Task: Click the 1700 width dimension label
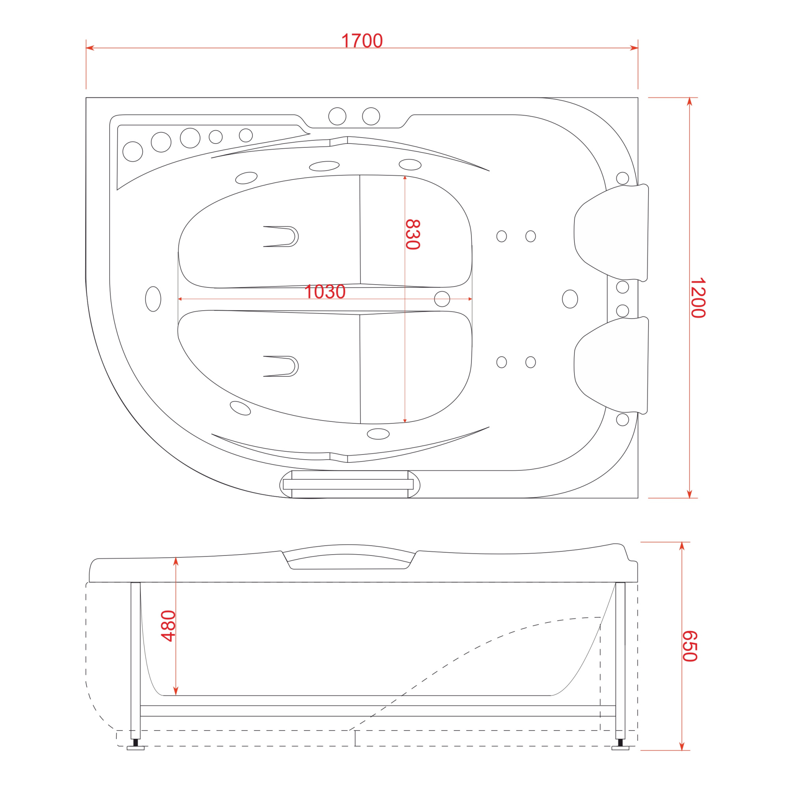(x=362, y=41)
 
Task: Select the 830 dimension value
(x=413, y=234)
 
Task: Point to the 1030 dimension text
(x=325, y=292)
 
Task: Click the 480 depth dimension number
(x=168, y=626)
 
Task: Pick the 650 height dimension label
(x=690, y=646)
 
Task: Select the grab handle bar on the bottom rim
(x=348, y=484)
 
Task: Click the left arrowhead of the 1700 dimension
(x=90, y=48)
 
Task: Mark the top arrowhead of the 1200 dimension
(x=689, y=102)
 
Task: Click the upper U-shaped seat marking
(x=282, y=236)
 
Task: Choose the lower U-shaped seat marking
(x=282, y=366)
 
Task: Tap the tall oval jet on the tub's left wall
(x=153, y=299)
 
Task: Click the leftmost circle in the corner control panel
(x=133, y=151)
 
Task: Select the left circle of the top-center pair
(x=337, y=116)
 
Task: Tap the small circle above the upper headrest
(x=623, y=178)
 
